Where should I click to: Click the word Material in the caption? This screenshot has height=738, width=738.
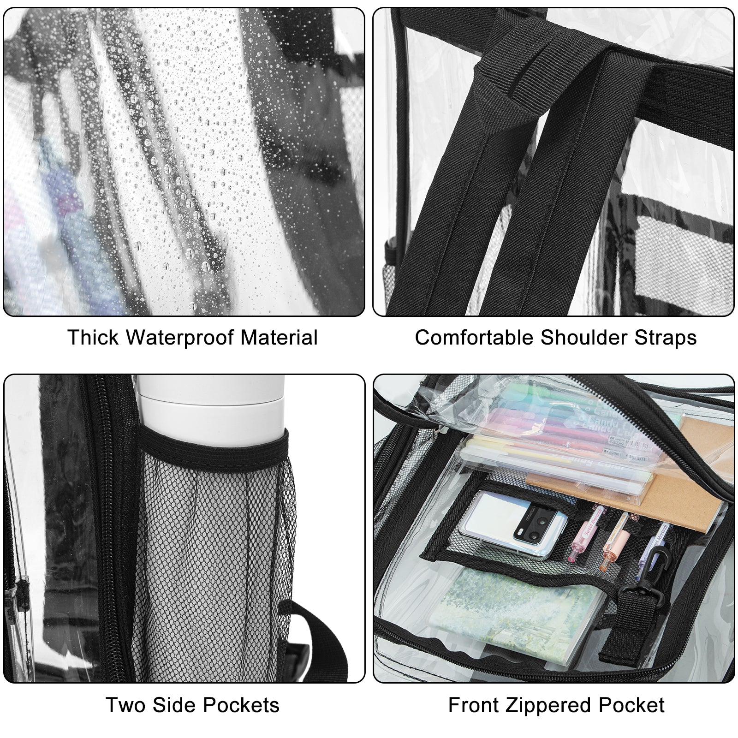point(279,337)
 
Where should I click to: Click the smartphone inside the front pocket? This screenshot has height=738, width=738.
point(512,524)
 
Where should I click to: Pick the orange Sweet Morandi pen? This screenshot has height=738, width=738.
point(616,540)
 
